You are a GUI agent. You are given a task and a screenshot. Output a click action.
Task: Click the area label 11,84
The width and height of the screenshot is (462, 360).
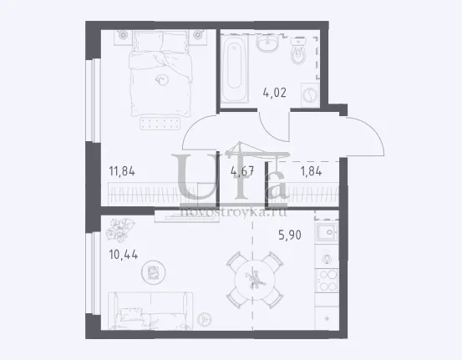pos(122,171)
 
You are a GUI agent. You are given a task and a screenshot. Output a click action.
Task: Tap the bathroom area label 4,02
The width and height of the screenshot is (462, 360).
pos(274,93)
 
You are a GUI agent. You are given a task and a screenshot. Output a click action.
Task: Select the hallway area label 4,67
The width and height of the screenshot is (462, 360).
pos(242,171)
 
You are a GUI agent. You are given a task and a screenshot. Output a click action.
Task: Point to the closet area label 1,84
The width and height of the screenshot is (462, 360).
pos(311,171)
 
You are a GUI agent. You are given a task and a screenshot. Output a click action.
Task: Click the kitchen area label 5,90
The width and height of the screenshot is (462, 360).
pos(290,235)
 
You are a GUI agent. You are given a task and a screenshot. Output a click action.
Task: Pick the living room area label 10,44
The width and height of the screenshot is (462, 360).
pos(124,255)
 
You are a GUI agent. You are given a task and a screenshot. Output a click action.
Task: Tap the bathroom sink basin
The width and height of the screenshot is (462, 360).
pos(267,43)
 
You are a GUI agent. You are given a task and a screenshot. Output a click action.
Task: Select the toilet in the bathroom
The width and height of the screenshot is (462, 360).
pos(299,51)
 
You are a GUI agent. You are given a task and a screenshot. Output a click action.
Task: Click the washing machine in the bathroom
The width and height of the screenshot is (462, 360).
pos(310,95)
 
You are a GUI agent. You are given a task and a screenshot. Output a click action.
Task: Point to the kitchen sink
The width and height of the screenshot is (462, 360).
pos(327,232)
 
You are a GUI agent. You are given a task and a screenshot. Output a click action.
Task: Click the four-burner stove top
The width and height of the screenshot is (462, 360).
pos(327,281)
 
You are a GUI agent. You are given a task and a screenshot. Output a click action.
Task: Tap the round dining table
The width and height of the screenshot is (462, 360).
pos(255,280)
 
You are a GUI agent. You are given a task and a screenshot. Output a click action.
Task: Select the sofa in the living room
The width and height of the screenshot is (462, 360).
pos(150,311)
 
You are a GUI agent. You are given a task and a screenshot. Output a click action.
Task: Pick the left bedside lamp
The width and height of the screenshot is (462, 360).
pos(123,35)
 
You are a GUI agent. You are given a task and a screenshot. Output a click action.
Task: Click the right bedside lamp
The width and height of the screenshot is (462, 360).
pos(197,35)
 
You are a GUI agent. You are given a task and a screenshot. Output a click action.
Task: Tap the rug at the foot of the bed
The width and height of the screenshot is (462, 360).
pos(160,124)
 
